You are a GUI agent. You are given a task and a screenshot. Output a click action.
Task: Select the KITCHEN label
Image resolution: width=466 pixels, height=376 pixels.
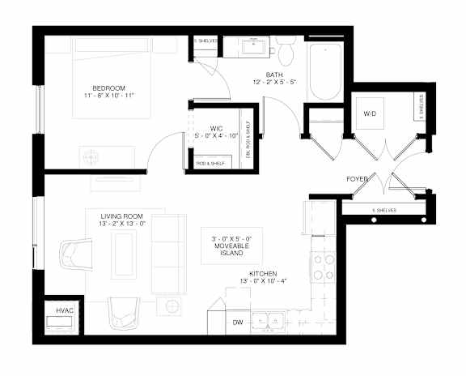(x=264, y=273)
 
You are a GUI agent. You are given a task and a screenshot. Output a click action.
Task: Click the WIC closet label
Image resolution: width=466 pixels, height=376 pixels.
(x=216, y=127)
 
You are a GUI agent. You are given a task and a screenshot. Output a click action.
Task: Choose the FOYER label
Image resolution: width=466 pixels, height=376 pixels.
(x=357, y=177)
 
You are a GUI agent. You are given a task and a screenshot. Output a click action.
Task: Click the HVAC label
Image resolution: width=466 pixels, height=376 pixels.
(x=64, y=310)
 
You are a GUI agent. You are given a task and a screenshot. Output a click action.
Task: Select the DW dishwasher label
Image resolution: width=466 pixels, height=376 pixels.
(x=238, y=323)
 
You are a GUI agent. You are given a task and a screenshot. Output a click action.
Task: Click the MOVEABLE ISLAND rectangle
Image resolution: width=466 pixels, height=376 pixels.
(x=231, y=245)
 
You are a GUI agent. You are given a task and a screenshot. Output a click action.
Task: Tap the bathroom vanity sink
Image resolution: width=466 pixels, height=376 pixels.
(x=252, y=47)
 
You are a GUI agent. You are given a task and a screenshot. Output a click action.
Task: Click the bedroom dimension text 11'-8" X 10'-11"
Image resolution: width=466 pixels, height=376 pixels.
(x=107, y=96)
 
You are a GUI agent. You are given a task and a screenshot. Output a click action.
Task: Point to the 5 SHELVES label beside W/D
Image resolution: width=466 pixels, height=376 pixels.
(x=420, y=106)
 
